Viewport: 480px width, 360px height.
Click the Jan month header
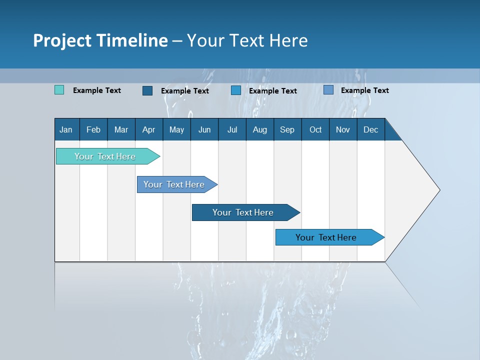click(x=66, y=129)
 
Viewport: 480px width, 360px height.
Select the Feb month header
click(x=93, y=129)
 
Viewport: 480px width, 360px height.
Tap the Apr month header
click(x=149, y=129)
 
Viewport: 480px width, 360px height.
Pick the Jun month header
click(x=204, y=129)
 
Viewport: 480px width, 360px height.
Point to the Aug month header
click(x=260, y=129)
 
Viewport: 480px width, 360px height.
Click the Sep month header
click(x=287, y=129)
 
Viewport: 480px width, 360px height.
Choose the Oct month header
click(x=315, y=129)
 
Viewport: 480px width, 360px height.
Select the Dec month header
click(x=371, y=129)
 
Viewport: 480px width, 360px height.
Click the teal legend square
click(x=59, y=90)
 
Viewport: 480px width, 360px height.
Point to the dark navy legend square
click(x=147, y=90)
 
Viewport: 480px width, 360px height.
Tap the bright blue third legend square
click(x=236, y=90)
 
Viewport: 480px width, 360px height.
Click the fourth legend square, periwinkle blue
click(x=328, y=90)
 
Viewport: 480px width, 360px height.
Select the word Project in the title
click(x=62, y=40)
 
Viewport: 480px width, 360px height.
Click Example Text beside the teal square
click(x=97, y=90)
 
